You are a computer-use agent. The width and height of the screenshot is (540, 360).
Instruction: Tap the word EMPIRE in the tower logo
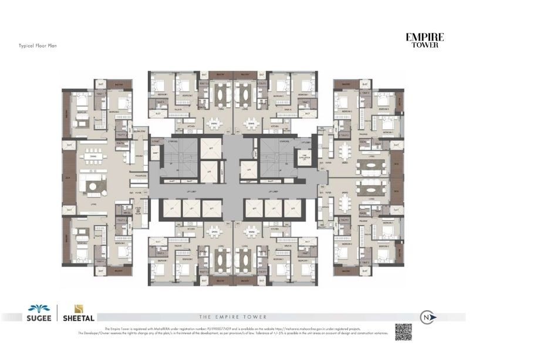(x=425, y=38)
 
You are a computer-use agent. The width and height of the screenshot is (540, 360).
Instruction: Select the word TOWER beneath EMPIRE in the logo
(x=425, y=45)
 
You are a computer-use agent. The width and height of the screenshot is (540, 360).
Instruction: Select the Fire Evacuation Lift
(x=305, y=157)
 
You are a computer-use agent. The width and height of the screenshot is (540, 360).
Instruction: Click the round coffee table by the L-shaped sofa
(x=94, y=186)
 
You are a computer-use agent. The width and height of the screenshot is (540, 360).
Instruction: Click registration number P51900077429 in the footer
(x=220, y=329)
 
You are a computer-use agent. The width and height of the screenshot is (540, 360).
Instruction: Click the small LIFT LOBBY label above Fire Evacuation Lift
(x=305, y=143)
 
